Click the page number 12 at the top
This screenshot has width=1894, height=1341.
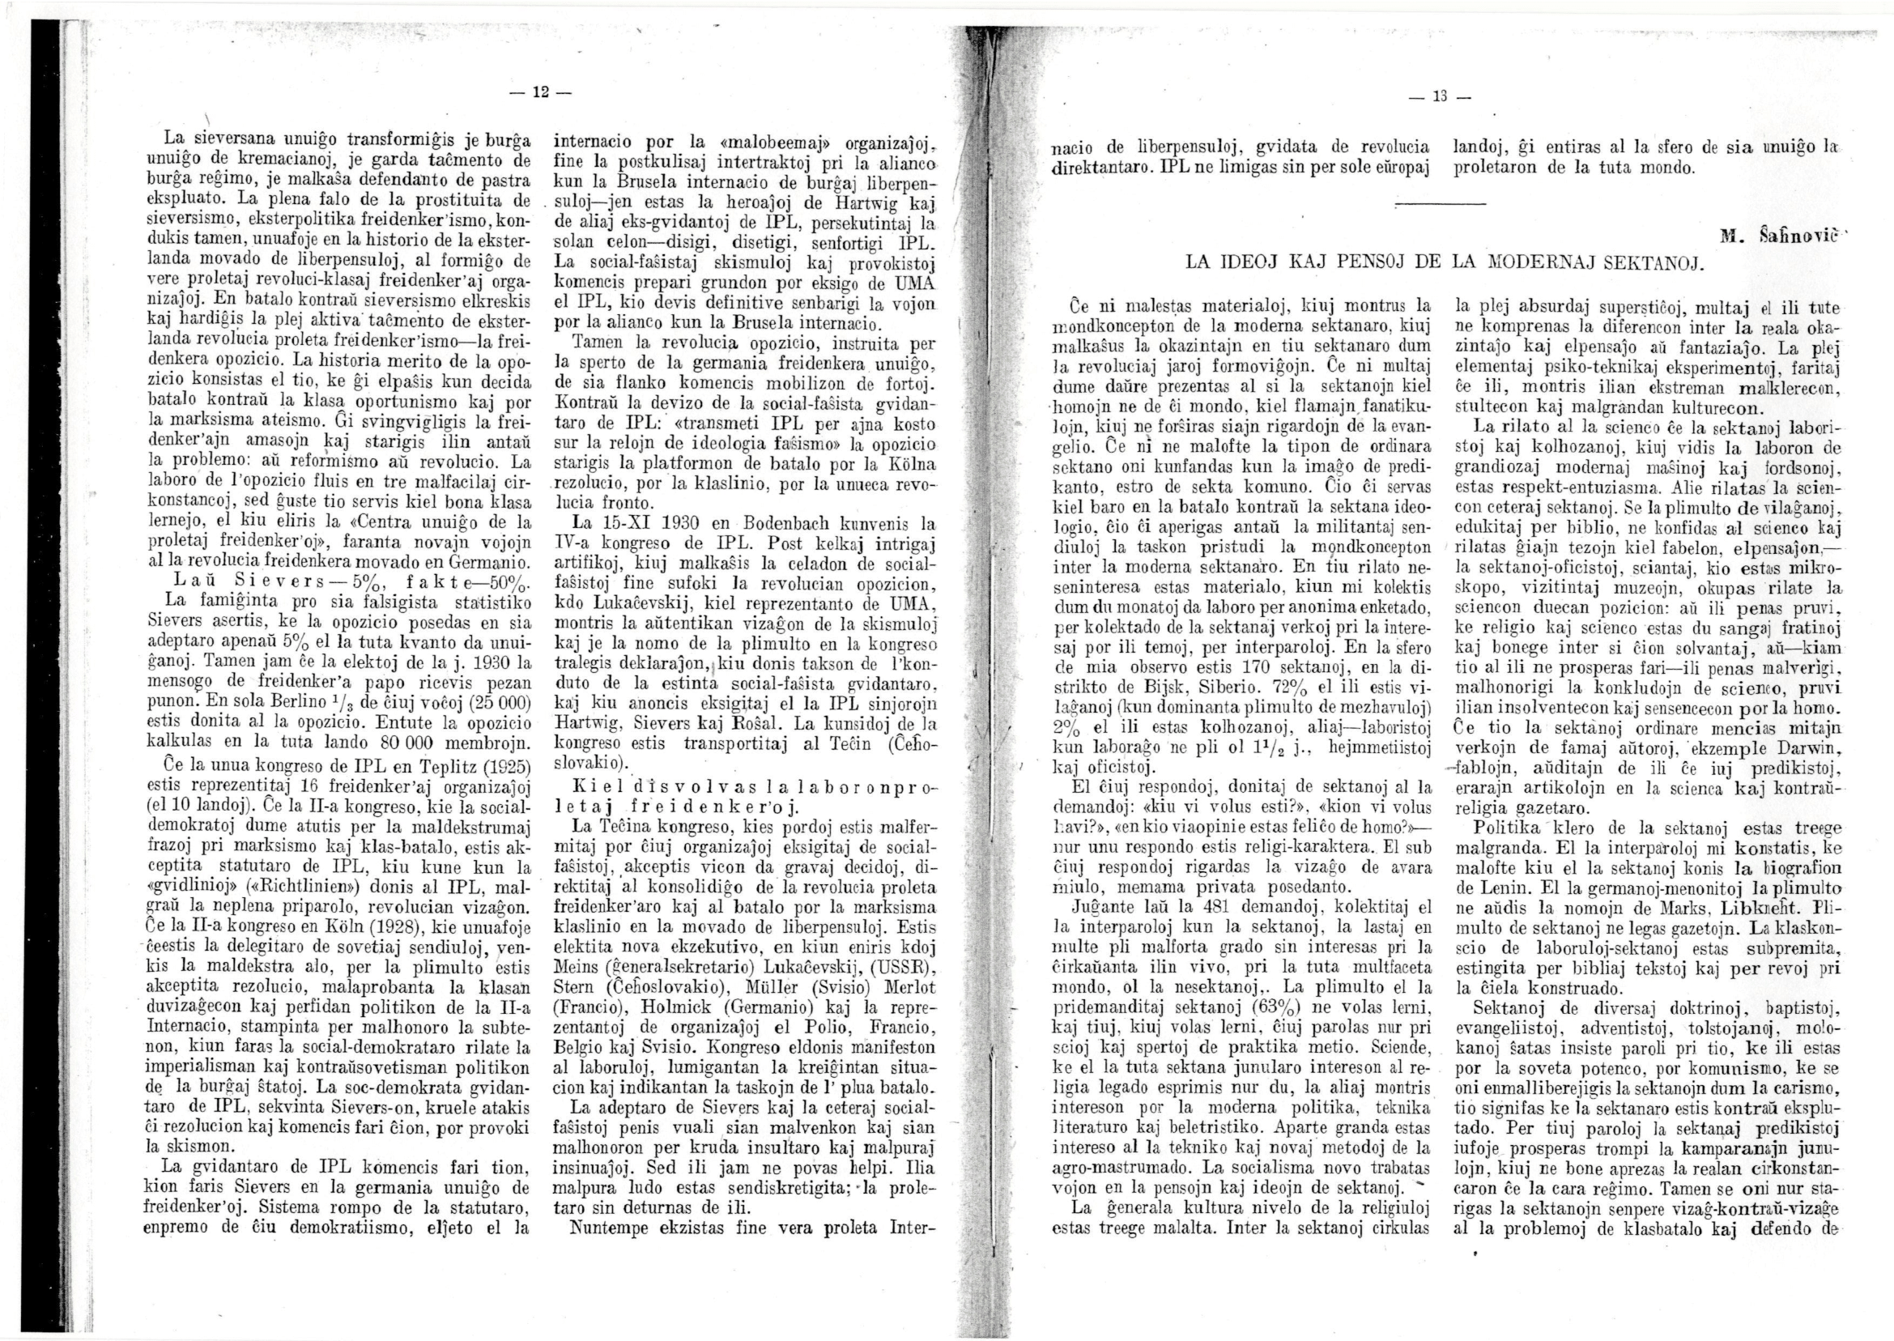click(540, 89)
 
